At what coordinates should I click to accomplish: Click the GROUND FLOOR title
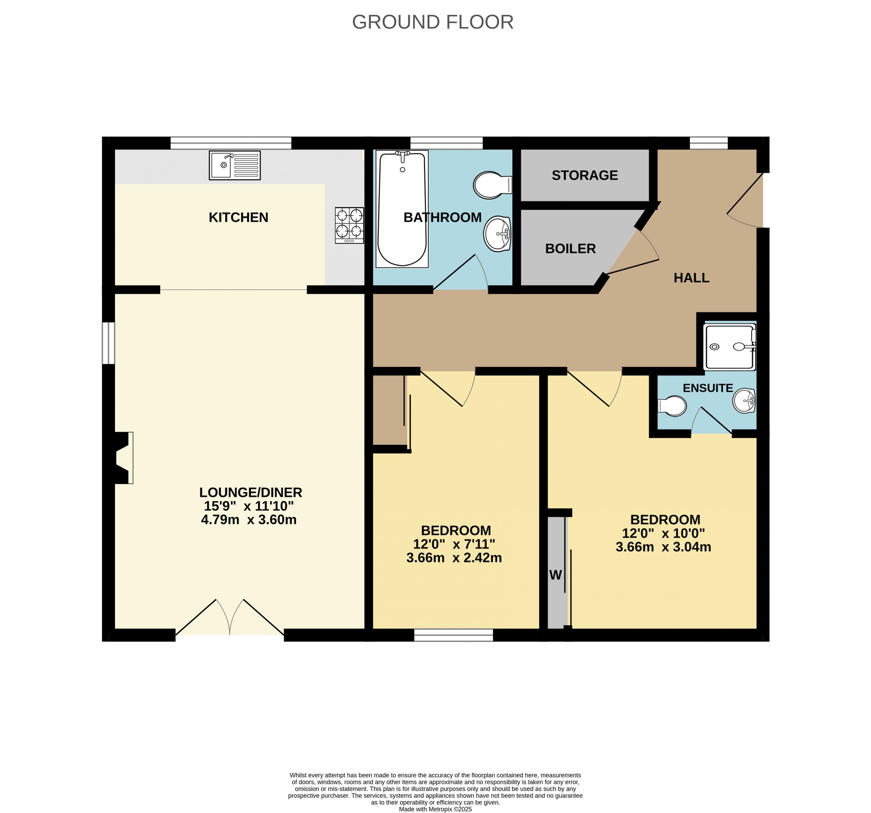pyautogui.click(x=432, y=22)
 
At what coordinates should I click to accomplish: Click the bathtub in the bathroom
pyautogui.click(x=402, y=209)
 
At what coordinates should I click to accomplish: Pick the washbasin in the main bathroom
pyautogui.click(x=498, y=234)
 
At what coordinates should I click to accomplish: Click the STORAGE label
pyautogui.click(x=585, y=175)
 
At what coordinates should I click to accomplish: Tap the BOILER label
pyautogui.click(x=571, y=249)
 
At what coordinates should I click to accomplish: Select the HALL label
pyautogui.click(x=691, y=277)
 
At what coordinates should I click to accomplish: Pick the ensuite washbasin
pyautogui.click(x=744, y=401)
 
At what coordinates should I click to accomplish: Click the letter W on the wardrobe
pyautogui.click(x=556, y=575)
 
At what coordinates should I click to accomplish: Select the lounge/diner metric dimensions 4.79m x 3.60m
pyautogui.click(x=249, y=520)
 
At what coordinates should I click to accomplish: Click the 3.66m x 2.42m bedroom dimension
pyautogui.click(x=454, y=558)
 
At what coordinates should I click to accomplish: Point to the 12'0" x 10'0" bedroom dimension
pyautogui.click(x=663, y=533)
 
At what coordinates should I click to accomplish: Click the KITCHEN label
pyautogui.click(x=239, y=217)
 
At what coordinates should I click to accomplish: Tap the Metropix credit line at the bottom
pyautogui.click(x=435, y=809)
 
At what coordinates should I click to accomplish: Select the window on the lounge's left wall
pyautogui.click(x=108, y=343)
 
